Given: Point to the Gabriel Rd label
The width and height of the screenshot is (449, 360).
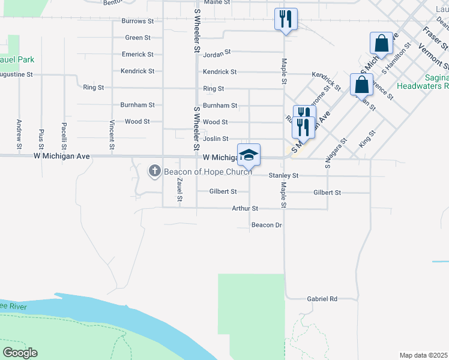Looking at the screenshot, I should (322, 298).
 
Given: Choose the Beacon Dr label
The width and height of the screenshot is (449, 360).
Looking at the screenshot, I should (267, 225).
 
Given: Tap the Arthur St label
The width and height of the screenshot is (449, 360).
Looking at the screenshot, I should (245, 208).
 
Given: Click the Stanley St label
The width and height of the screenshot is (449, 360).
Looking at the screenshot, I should (283, 176).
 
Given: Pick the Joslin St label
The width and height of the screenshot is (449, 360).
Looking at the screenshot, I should (215, 139).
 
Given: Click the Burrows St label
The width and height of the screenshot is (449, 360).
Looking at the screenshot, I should (137, 21).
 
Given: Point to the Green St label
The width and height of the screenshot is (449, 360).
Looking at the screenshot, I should (137, 37).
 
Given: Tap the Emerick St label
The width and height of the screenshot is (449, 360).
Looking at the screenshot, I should (137, 54).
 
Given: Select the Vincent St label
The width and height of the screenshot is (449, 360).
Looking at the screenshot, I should (112, 134).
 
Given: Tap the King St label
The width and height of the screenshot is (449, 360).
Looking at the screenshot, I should (366, 139).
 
